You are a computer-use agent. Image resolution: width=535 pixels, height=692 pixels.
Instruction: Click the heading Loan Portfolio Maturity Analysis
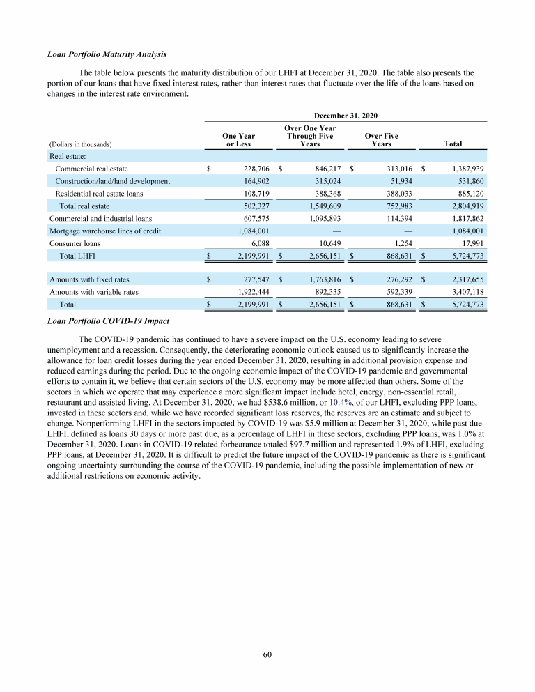coord(107,54)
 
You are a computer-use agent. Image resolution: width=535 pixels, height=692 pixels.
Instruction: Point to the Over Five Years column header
coord(381,139)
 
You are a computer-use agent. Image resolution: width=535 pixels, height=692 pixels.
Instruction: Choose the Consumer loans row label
coord(75,243)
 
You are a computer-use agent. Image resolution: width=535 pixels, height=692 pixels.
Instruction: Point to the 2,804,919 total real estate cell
coord(463,206)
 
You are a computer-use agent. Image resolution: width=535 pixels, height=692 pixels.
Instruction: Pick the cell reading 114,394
coord(397,218)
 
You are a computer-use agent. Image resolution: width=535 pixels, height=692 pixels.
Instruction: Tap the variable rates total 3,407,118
coord(463,292)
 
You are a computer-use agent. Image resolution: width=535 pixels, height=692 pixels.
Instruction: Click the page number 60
coord(267,654)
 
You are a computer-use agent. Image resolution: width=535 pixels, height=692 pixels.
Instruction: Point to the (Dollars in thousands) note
coord(81,144)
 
